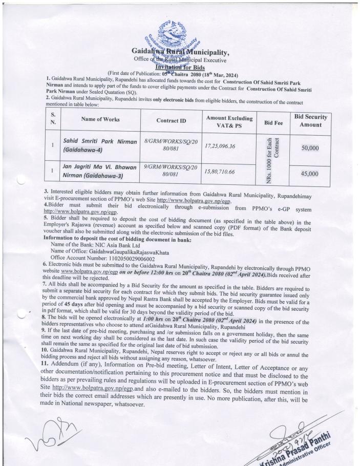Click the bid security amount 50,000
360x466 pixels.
pos(310,147)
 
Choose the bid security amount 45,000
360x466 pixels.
pos(310,174)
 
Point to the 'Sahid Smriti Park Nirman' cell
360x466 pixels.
pos(100,145)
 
